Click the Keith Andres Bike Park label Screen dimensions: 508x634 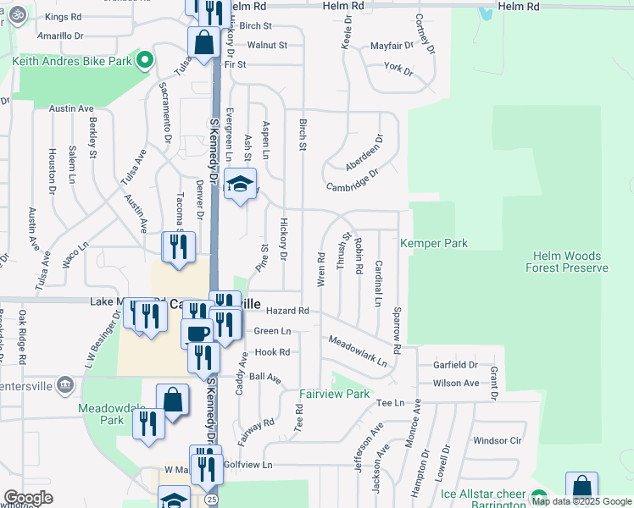coord(72,60)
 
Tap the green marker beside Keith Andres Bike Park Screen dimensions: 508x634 coord(145,60)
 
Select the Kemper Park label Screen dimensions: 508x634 coord(440,243)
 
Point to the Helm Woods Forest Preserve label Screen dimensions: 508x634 coord(567,262)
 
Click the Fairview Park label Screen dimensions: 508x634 coord(335,395)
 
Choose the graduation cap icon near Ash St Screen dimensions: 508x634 coord(240,184)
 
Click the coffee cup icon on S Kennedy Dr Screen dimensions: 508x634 coord(197,333)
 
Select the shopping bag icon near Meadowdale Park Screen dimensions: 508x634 coord(172,400)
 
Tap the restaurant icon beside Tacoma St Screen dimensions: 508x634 coord(179,247)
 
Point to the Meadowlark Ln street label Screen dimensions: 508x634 coord(358,351)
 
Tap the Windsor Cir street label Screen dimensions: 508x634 coord(498,440)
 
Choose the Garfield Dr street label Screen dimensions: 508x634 coord(456,365)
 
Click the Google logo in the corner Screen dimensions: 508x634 coord(28,498)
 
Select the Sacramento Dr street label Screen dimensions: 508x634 coord(167,113)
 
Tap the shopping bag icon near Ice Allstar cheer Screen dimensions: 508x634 coord(581,489)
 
